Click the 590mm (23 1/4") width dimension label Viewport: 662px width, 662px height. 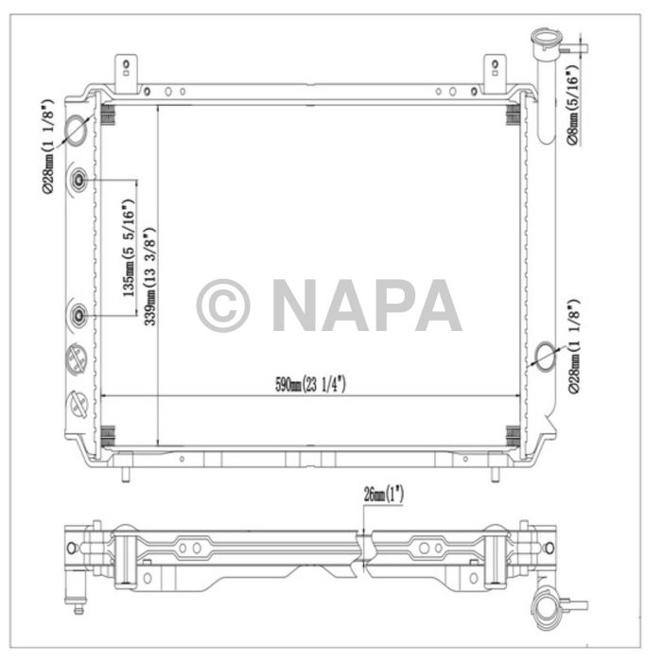coord(310,384)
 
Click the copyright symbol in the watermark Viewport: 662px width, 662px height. coord(223,305)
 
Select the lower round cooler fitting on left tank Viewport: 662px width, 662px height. coord(78,313)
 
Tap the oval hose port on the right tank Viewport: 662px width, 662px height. coord(546,356)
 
